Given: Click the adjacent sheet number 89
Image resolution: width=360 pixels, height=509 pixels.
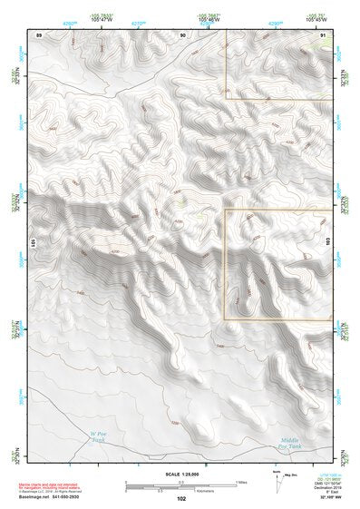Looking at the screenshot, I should click(x=39, y=34).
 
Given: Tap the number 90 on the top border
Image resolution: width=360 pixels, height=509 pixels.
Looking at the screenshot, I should click(x=182, y=34).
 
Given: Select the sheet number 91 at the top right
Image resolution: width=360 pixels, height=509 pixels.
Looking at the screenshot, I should click(x=324, y=34).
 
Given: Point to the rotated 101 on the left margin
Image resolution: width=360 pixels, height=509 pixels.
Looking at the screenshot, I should click(x=33, y=244).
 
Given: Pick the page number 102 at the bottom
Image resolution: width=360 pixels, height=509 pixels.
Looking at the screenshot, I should click(x=181, y=498).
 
